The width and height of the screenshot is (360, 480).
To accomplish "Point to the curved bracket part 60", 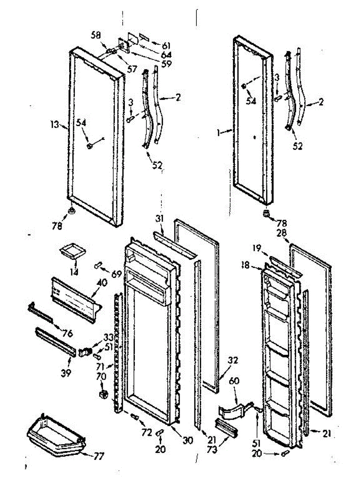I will [x=234, y=410].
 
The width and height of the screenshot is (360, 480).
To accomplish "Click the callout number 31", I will [x=160, y=218].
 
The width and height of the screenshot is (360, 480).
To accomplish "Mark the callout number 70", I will [x=101, y=376].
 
